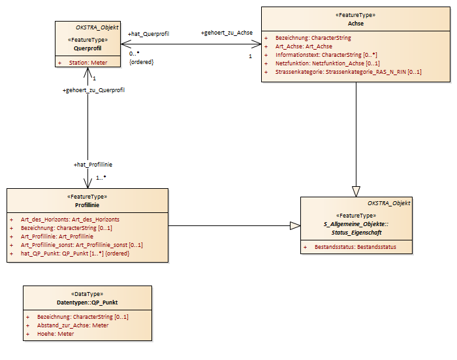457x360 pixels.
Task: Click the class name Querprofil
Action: [87, 48]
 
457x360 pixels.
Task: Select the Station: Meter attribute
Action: [88, 63]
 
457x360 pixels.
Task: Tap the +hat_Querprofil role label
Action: [148, 34]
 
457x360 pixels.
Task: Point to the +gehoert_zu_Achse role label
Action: [227, 33]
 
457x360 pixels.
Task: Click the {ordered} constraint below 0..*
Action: [142, 62]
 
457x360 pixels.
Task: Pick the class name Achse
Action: [356, 24]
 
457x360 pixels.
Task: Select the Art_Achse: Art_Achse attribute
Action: [304, 46]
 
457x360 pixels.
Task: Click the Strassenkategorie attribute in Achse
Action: [348, 72]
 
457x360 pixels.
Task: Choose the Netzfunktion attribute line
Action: [328, 63]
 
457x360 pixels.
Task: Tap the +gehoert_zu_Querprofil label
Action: [93, 90]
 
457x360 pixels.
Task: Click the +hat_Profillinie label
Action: [93, 165]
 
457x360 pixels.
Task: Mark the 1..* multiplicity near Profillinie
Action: [101, 177]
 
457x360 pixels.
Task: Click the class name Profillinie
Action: [87, 205]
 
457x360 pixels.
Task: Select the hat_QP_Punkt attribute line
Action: [75, 254]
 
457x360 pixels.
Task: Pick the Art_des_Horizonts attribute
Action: [70, 220]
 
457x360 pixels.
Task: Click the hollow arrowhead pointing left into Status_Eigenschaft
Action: [295, 226]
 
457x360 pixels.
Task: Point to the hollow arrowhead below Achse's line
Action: [356, 191]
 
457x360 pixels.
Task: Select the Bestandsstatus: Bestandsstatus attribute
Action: [355, 247]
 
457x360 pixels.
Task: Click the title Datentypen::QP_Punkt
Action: [87, 303]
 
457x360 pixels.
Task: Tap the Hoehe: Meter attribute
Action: [55, 334]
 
